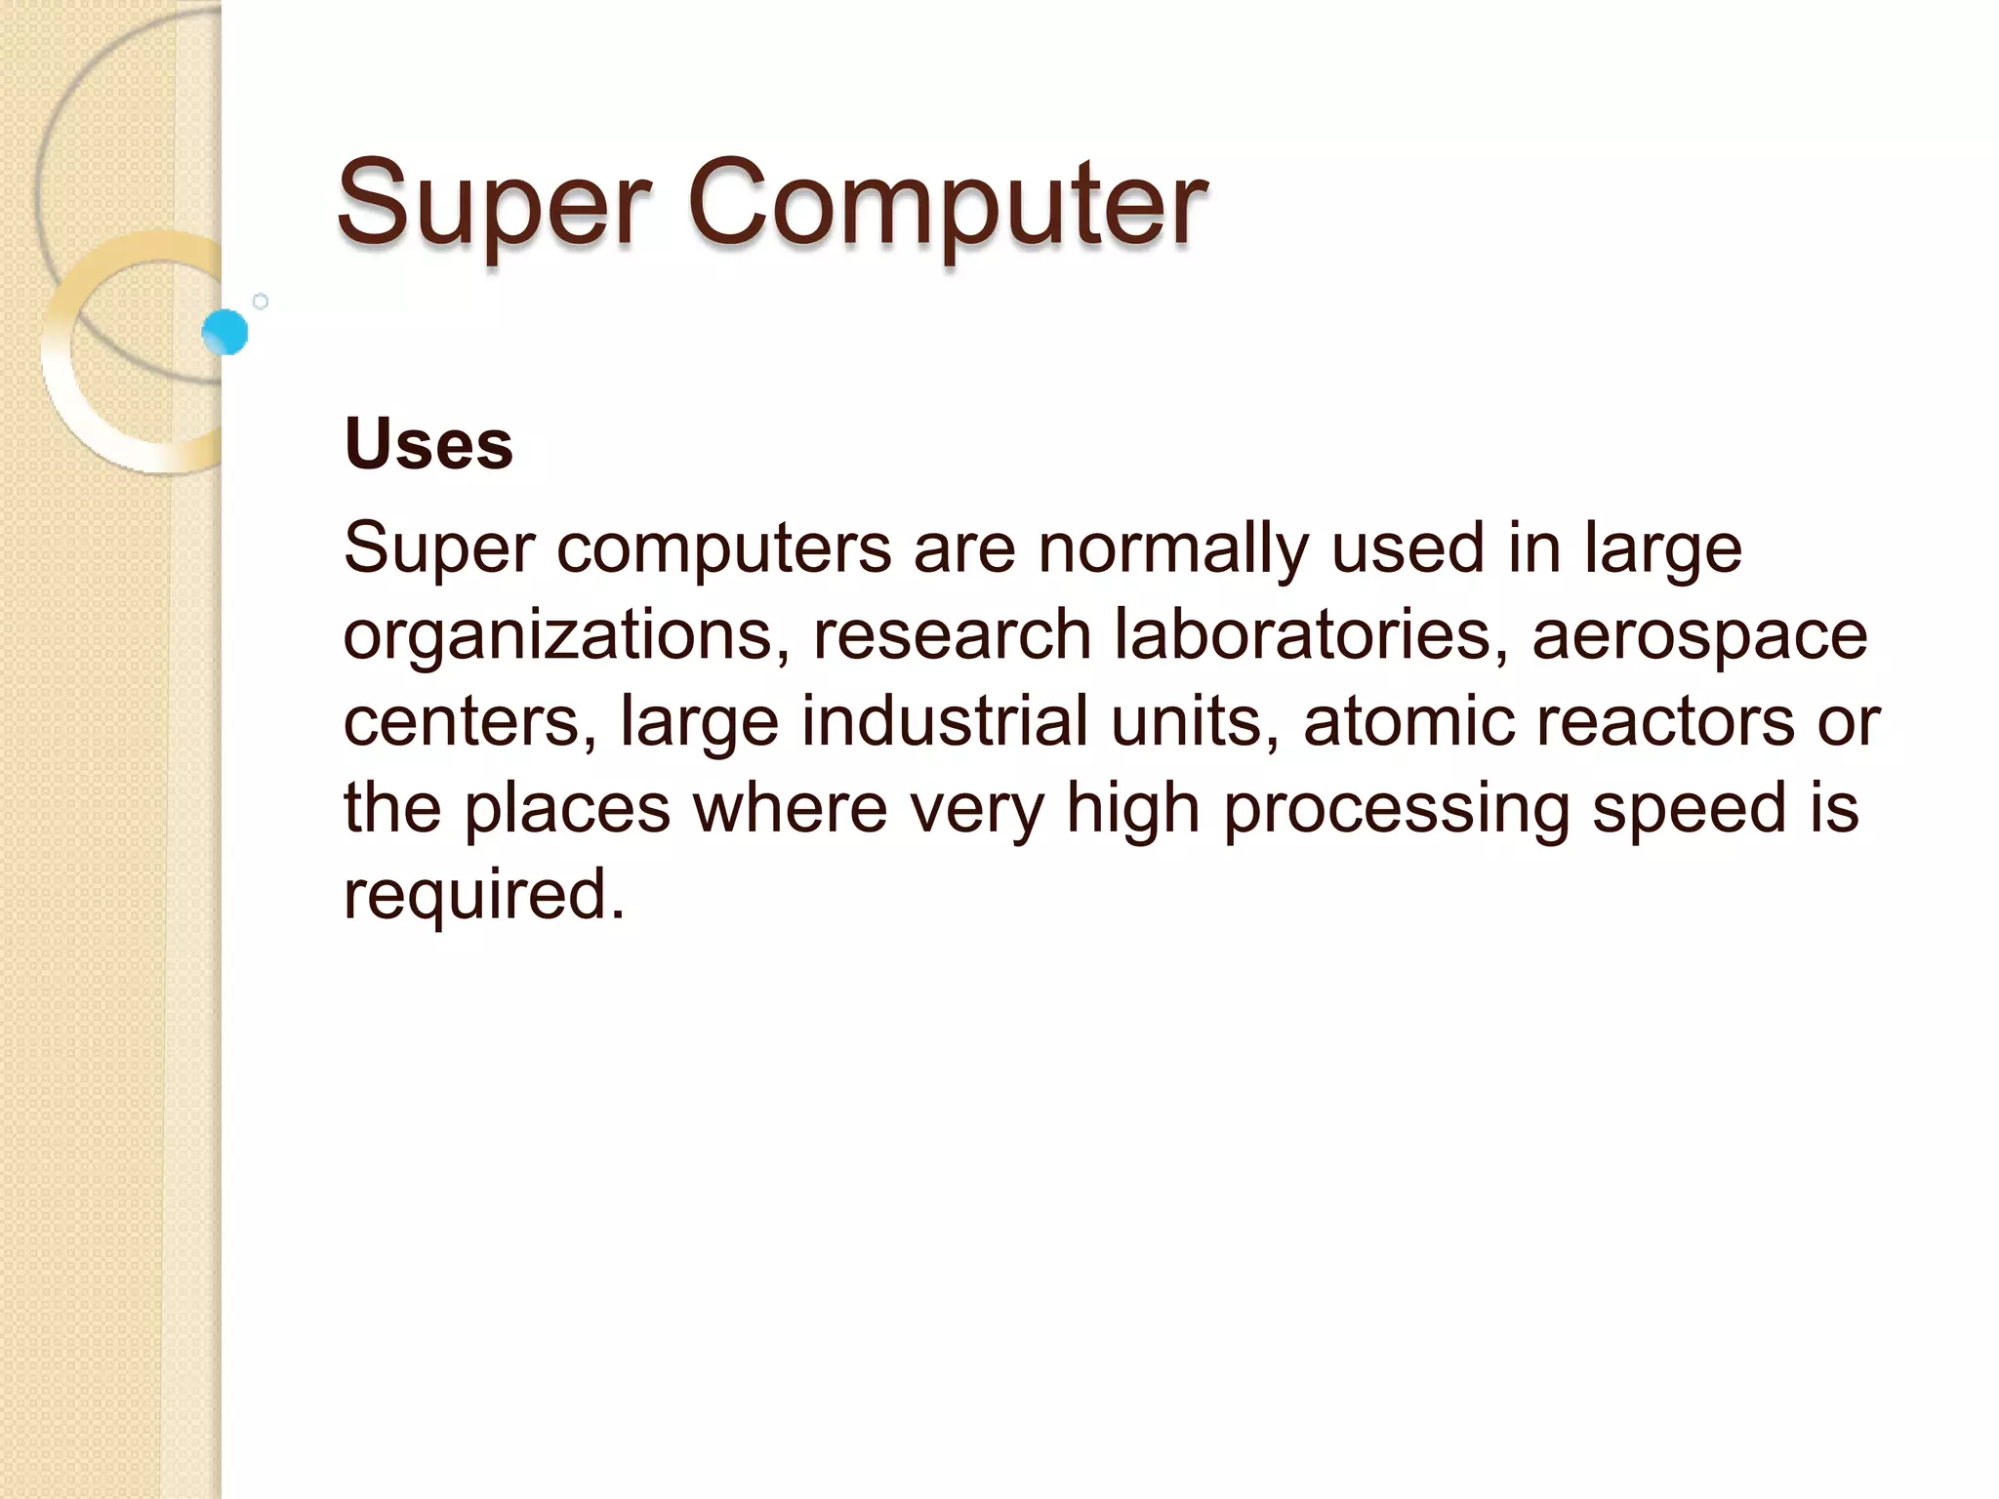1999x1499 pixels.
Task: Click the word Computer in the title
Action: pyautogui.click(x=947, y=205)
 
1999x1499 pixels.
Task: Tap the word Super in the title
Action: pyautogui.click(x=494, y=205)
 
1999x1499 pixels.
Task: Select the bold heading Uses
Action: pyautogui.click(x=428, y=444)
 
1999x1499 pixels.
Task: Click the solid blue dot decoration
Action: pyautogui.click(x=225, y=332)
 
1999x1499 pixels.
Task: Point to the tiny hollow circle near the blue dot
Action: pyautogui.click(x=261, y=302)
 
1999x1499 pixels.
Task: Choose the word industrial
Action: pyautogui.click(x=944, y=722)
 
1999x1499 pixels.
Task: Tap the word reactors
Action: pyautogui.click(x=1665, y=722)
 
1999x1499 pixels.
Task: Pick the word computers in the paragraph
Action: pyautogui.click(x=724, y=549)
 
